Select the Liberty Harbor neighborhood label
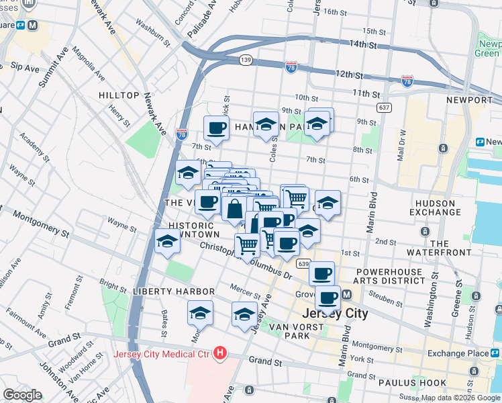[x=173, y=292]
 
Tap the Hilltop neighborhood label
[x=119, y=96]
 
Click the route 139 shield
[x=246, y=60]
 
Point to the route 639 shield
[x=304, y=263]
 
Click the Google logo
[x=22, y=394]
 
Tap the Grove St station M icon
[x=348, y=296]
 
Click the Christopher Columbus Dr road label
[x=245, y=262]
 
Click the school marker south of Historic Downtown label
[x=167, y=242]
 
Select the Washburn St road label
[x=152, y=34]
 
